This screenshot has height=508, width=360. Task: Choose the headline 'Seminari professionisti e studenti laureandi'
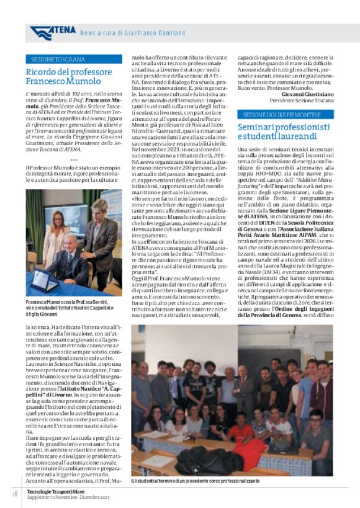pyautogui.click(x=282, y=131)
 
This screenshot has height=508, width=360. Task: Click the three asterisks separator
pyautogui.click(x=74, y=160)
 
